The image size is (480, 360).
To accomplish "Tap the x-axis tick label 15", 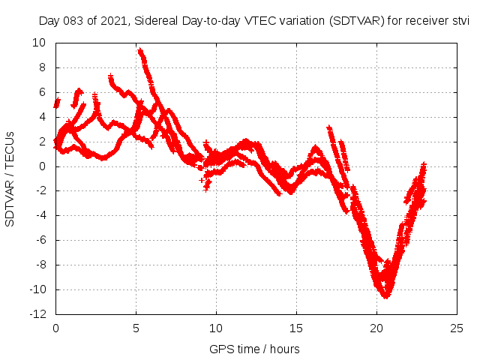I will pos(296,328).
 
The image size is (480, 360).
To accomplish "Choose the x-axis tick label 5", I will pos(136,328).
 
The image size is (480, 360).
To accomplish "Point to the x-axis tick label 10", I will pos(216,328).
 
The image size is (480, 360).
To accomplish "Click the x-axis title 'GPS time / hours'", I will pos(255,349).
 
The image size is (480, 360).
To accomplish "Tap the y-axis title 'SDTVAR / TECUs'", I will pos(10,178).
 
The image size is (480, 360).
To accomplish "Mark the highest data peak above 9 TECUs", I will pos(139,50).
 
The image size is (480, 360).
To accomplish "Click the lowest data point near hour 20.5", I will pos(385,297).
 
